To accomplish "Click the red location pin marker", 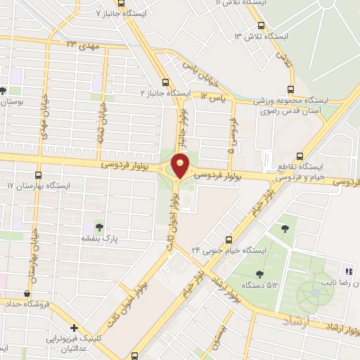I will click(181, 165).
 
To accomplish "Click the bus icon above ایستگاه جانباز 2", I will click(165, 82).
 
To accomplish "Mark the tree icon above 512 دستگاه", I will click(260, 274).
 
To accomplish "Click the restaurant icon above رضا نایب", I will click(347, 271).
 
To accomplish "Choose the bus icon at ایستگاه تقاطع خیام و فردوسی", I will click(300, 156).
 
